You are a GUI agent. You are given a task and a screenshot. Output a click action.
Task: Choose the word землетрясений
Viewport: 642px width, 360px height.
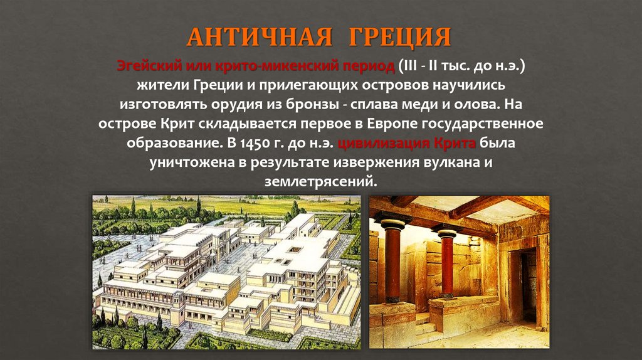pyautogui.click(x=318, y=181)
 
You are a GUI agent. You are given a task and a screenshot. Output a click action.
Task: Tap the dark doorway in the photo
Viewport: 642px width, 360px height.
pyautogui.click(x=528, y=282)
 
